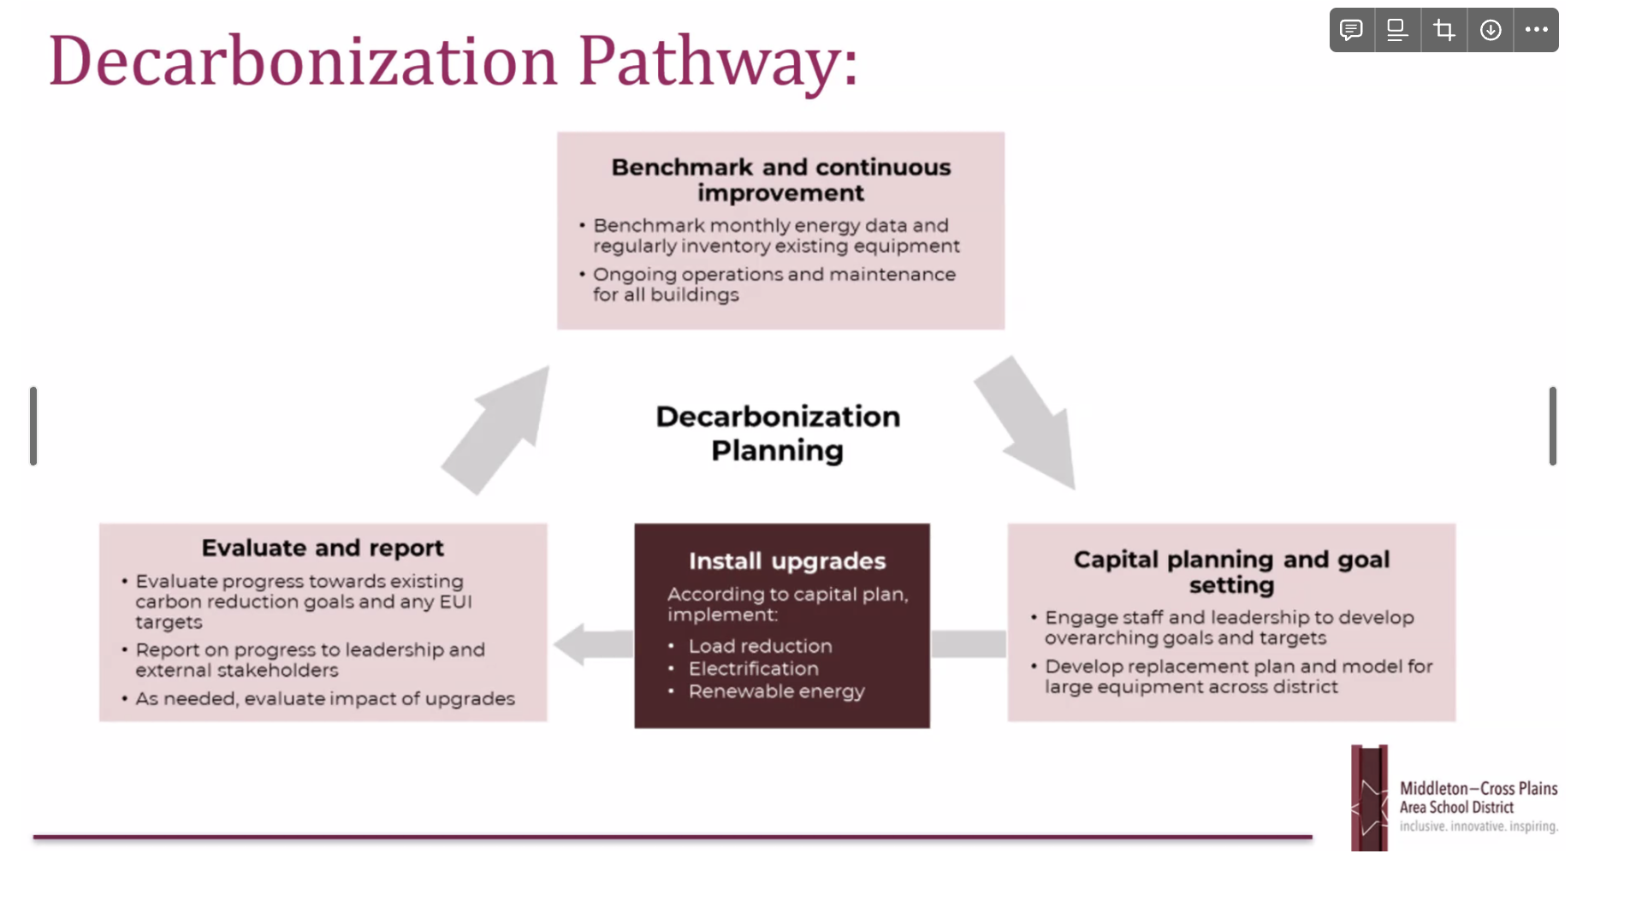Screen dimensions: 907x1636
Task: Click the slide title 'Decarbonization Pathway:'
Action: [x=453, y=62]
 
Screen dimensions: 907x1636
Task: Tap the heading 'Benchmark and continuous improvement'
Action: [x=780, y=180]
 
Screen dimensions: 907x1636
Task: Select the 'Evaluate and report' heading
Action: [x=323, y=548]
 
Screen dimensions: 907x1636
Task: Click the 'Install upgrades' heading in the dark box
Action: [x=787, y=561]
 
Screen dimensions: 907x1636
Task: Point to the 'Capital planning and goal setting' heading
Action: [x=1231, y=572]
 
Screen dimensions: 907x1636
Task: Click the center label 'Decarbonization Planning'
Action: [x=778, y=433]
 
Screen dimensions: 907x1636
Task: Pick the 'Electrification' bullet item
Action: [x=753, y=669]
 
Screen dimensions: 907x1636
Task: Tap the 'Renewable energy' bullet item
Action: [x=776, y=691]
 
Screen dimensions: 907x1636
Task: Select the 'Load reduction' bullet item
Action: [x=760, y=647]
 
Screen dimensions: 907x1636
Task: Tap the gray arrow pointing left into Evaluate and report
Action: [x=592, y=643]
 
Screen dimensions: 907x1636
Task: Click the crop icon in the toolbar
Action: [x=1444, y=31]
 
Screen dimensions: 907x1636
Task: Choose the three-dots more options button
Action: [x=1536, y=31]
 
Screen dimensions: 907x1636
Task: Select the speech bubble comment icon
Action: [x=1351, y=31]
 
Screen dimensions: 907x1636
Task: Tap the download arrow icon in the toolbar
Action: [x=1491, y=31]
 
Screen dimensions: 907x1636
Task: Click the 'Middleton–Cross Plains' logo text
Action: [x=1478, y=789]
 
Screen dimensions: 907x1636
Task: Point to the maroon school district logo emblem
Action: [x=1369, y=797]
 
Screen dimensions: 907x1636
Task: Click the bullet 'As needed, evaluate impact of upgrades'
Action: [x=325, y=699]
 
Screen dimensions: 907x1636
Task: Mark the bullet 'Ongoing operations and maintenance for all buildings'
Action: [x=774, y=284]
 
